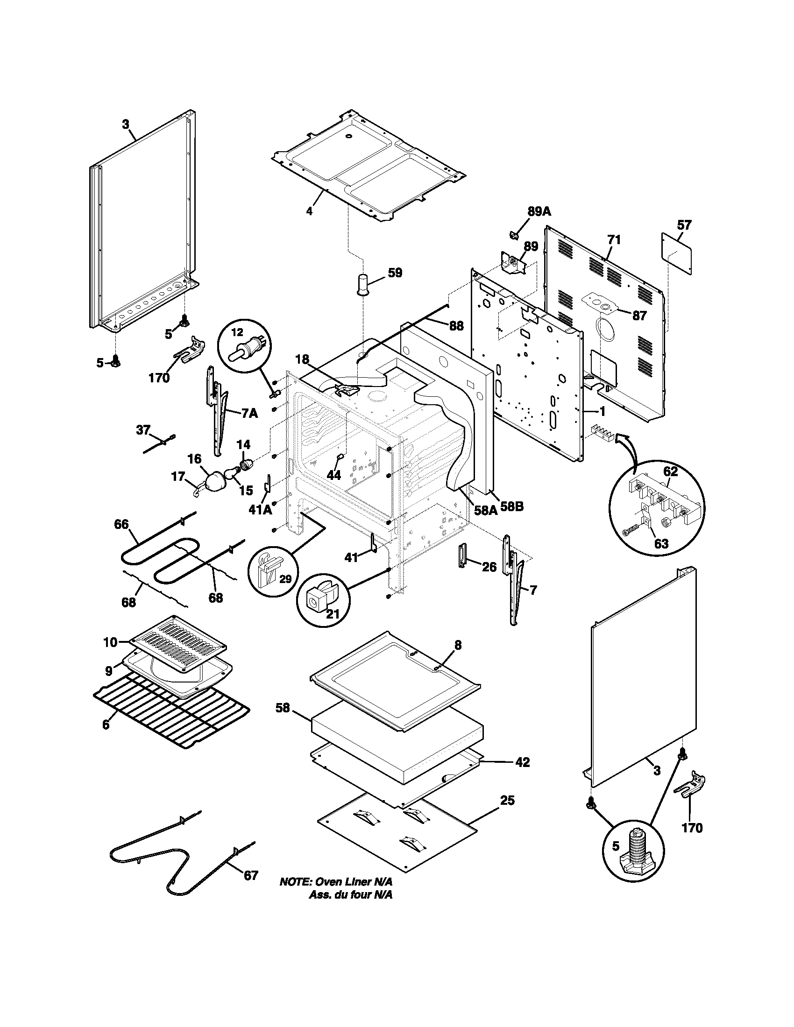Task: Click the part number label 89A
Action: [539, 211]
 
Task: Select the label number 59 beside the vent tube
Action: [395, 273]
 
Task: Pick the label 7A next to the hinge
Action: [249, 413]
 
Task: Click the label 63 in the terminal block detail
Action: [661, 544]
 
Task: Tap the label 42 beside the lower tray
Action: [522, 762]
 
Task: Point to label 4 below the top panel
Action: [309, 211]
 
